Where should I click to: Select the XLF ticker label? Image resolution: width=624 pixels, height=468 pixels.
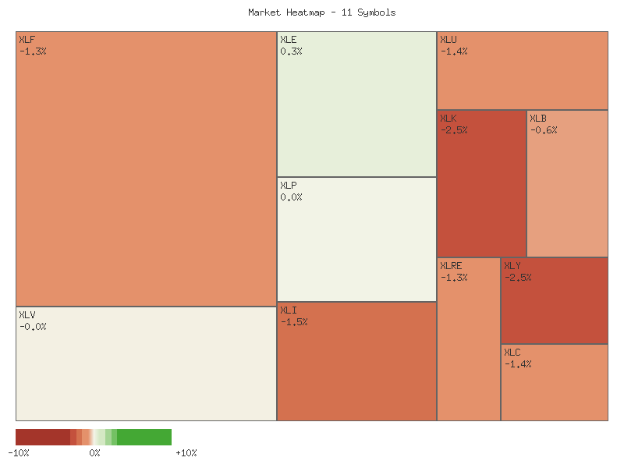[x=27, y=40]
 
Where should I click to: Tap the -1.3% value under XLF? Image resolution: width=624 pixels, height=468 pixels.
[x=33, y=51]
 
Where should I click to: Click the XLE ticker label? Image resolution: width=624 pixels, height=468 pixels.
[x=288, y=40]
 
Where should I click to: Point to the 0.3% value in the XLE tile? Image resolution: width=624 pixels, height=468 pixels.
[x=291, y=51]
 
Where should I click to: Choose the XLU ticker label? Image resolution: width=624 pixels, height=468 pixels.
[x=448, y=40]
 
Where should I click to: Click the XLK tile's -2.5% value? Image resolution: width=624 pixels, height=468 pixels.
[x=454, y=130]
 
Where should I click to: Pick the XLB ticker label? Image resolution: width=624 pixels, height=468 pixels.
[x=538, y=119]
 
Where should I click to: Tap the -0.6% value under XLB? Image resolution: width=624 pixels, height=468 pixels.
[x=544, y=130]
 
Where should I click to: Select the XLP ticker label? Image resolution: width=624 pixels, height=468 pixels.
[x=288, y=186]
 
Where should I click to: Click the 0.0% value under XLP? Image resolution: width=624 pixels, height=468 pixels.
[x=291, y=197]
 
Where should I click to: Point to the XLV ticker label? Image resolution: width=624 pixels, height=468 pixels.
[x=27, y=315]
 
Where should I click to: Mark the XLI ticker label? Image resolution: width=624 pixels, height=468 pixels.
[x=288, y=310]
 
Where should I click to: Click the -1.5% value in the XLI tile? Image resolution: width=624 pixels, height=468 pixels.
[x=294, y=322]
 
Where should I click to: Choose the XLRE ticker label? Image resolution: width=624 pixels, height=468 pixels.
[x=451, y=266]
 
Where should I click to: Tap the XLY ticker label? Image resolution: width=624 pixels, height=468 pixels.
[x=512, y=266]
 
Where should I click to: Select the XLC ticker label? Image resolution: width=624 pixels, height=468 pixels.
[x=512, y=353]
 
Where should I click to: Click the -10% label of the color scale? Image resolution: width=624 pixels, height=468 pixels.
[x=19, y=453]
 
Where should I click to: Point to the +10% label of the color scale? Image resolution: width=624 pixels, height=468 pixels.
[x=186, y=453]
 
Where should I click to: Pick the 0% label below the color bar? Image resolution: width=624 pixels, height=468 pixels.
[x=94, y=453]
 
